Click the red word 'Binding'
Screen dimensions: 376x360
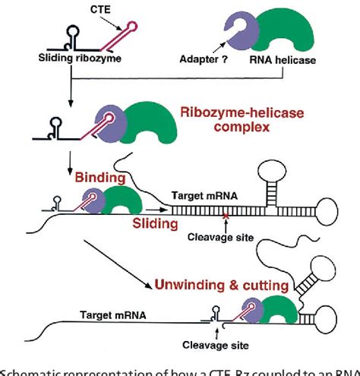tap(100, 179)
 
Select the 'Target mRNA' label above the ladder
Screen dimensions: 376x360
tap(215, 194)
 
